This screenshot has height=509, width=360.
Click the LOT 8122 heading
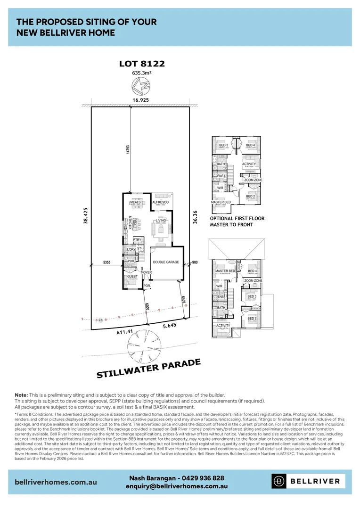(x=142, y=64)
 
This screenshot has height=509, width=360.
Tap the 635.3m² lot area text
(x=142, y=73)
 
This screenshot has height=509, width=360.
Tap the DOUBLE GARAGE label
(x=165, y=262)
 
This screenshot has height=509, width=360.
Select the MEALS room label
(x=136, y=202)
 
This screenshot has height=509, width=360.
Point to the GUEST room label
(x=132, y=277)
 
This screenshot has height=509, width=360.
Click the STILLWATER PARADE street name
(x=149, y=369)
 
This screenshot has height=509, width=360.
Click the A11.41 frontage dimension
(x=123, y=332)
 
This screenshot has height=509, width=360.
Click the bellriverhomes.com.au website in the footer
(x=56, y=482)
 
